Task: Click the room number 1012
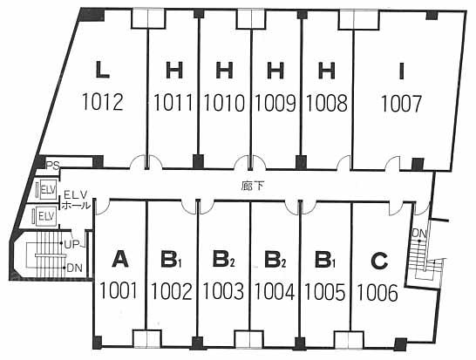(102, 102)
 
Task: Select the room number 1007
(401, 104)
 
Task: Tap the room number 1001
(118, 290)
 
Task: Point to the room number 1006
(377, 292)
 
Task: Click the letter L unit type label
(102, 70)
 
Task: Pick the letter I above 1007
(402, 71)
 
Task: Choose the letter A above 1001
(120, 260)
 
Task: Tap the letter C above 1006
(379, 261)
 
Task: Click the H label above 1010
(224, 70)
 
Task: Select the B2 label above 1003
(224, 260)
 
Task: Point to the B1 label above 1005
(325, 260)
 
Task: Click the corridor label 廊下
(252, 186)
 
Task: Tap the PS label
(52, 166)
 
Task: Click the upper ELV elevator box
(46, 190)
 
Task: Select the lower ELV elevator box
(46, 216)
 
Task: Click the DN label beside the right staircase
(419, 234)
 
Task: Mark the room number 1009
(275, 103)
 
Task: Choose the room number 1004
(274, 291)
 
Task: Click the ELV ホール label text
(76, 200)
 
